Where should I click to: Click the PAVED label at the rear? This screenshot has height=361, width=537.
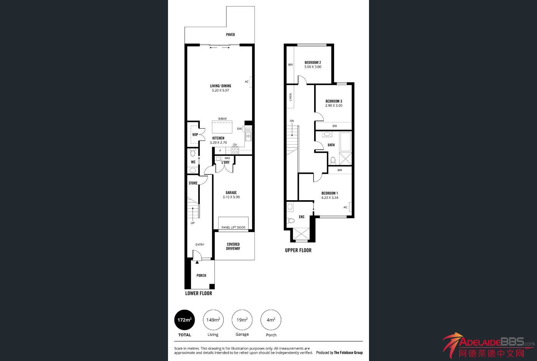tap(231, 35)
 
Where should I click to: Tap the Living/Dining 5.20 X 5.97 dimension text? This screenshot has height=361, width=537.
tap(220, 90)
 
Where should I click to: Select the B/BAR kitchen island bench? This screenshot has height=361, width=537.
tap(222, 127)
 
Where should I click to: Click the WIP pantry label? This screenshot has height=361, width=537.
tap(195, 135)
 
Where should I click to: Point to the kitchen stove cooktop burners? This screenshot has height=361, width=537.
tap(235, 150)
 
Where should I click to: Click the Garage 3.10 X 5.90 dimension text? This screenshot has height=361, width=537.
tap(231, 197)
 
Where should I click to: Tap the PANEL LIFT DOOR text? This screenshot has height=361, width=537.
tap(233, 227)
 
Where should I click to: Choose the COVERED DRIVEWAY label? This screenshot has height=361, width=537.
tap(233, 247)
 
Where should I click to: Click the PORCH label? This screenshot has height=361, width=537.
tap(201, 276)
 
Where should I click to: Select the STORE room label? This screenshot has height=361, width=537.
tap(193, 183)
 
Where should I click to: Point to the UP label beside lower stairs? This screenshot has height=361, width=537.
tap(193, 223)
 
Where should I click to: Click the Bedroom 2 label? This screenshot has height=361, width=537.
tap(313, 63)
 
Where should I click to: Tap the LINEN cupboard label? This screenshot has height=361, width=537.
tap(291, 97)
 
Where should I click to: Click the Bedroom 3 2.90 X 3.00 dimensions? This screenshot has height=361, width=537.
tap(334, 106)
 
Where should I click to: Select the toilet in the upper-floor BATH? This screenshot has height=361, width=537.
tap(333, 161)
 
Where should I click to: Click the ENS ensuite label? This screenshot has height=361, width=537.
tap(301, 217)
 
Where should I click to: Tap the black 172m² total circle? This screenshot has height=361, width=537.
tap(184, 320)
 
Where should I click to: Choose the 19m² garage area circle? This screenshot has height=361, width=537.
tap(242, 320)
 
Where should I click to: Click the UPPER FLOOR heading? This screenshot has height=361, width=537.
tap(298, 250)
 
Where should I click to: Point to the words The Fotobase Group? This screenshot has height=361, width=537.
tap(348, 353)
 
